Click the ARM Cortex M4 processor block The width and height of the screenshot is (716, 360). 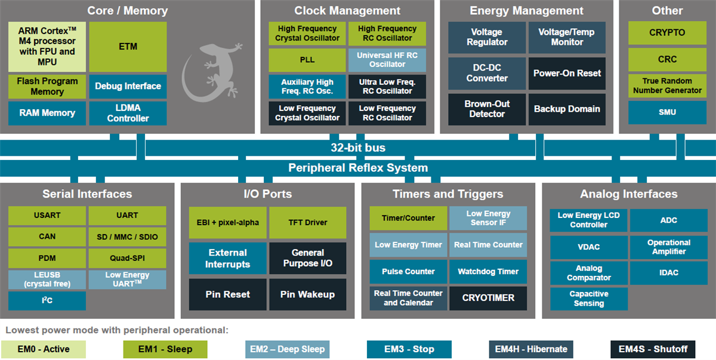point(47,47)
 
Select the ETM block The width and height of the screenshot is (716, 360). point(128,47)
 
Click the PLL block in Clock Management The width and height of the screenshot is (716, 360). point(307,60)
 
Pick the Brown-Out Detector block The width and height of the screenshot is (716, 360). point(487,109)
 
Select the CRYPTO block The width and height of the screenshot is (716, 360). point(667,33)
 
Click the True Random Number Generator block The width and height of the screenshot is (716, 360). point(667,85)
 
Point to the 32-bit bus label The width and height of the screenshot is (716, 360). point(358,147)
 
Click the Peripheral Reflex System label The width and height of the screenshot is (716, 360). point(358,168)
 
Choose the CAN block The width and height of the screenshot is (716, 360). point(47,236)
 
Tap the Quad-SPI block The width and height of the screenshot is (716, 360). point(127,259)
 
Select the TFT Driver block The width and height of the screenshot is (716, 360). point(307,223)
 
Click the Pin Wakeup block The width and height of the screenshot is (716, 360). point(307,294)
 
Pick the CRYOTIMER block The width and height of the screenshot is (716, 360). point(488,297)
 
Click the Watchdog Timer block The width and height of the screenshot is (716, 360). point(488,272)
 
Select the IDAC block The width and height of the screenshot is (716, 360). point(668,272)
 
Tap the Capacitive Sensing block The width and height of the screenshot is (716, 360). point(588,299)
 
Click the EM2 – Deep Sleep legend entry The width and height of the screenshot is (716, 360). point(287,349)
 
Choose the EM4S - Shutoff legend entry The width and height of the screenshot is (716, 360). point(653,349)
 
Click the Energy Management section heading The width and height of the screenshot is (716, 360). point(527,11)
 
